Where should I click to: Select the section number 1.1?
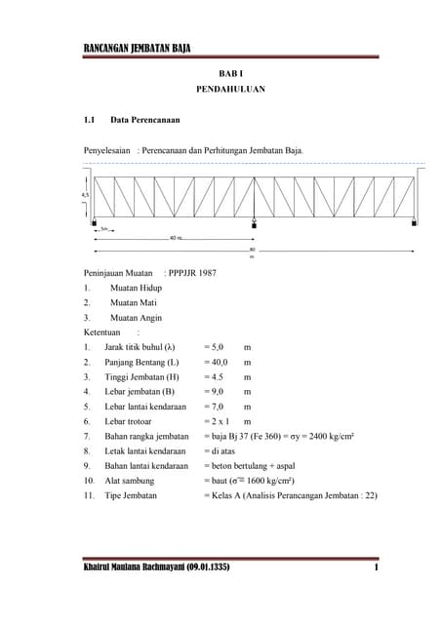point(89,120)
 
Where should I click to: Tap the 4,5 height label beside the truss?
point(85,195)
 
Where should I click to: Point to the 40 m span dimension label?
point(175,237)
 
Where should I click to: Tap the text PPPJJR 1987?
point(192,273)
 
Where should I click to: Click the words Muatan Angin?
point(136,317)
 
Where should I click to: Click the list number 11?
point(88,495)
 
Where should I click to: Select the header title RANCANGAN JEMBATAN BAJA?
point(138,48)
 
